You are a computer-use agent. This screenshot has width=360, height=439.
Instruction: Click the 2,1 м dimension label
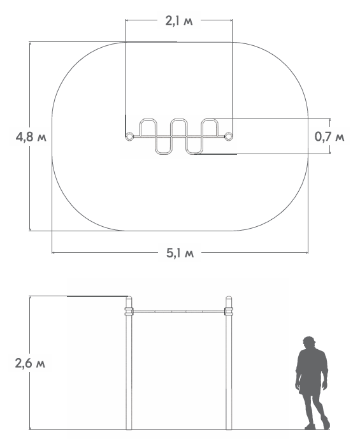179,21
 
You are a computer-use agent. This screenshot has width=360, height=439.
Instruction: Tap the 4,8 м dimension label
31,137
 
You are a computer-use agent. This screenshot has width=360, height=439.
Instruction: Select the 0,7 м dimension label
329,136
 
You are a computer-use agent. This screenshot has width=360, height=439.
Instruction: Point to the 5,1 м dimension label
180,253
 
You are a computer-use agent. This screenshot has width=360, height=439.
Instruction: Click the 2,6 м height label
30,363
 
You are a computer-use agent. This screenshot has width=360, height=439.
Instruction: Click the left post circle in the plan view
129,136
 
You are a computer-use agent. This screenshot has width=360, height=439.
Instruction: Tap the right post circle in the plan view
229,136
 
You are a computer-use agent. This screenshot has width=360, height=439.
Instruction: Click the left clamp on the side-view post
129,311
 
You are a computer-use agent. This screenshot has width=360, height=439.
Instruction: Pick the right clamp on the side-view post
229,311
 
